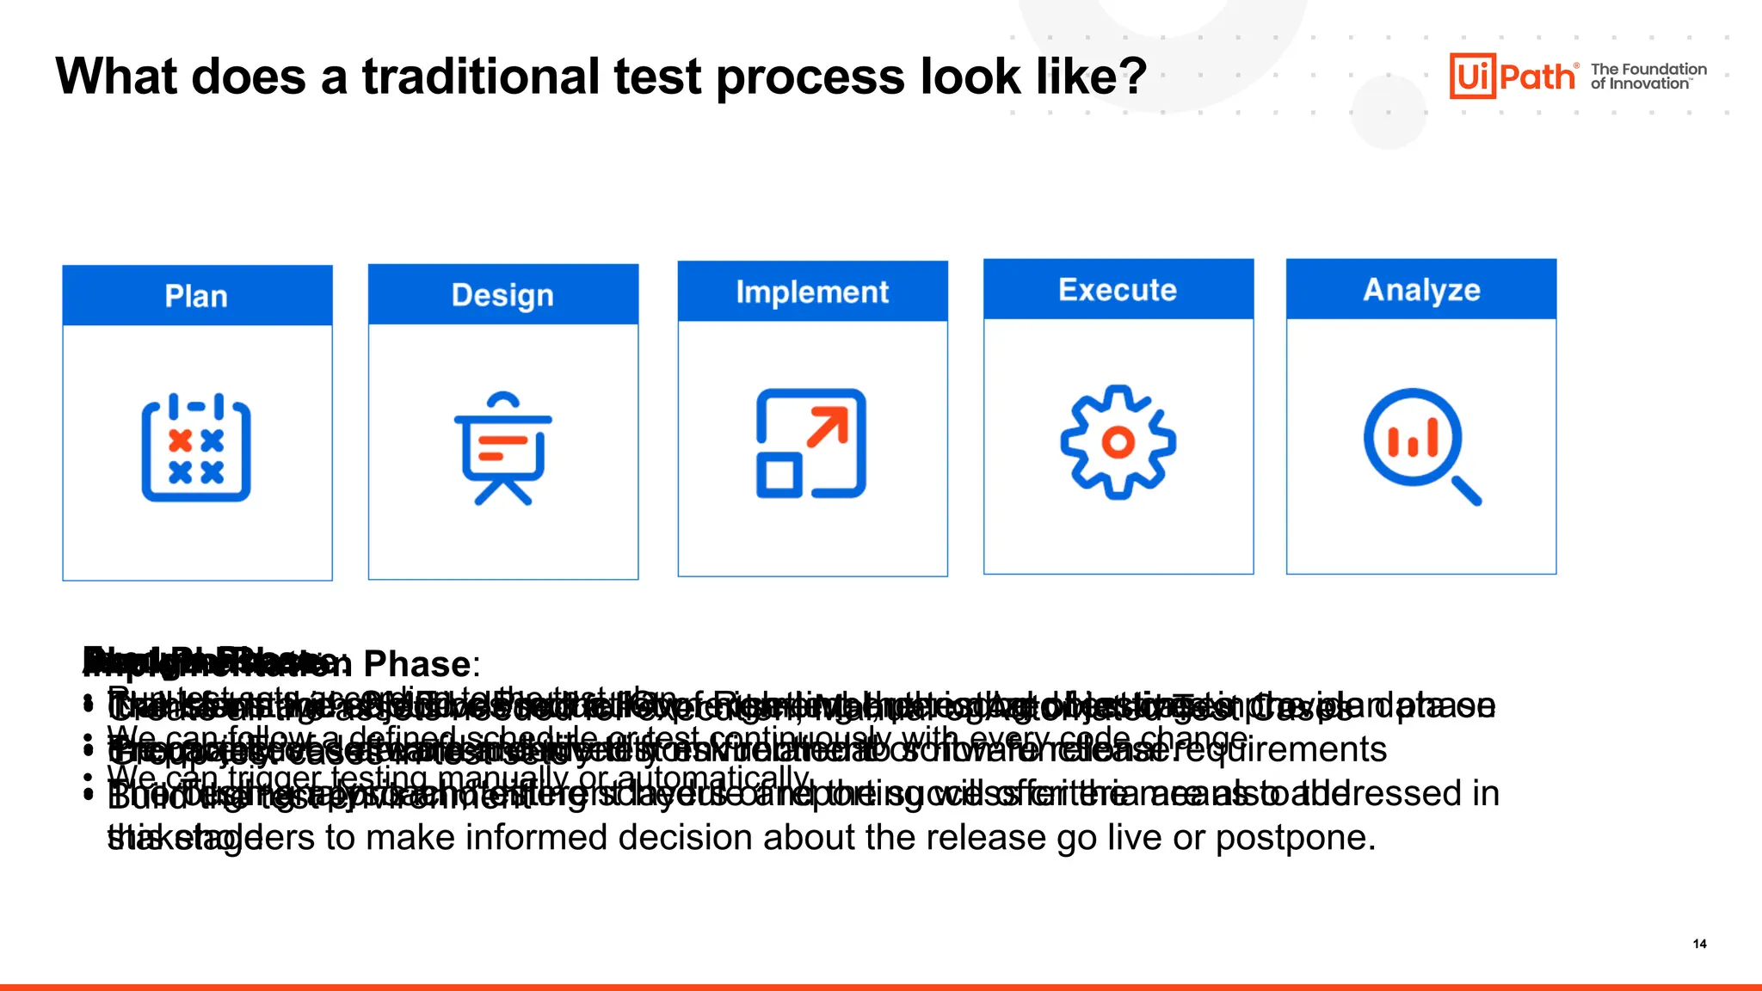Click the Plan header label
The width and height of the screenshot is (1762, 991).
[196, 297]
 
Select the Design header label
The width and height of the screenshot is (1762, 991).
[502, 295]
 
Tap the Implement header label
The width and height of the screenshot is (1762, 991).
[812, 292]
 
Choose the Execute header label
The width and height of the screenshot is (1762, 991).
[1118, 290]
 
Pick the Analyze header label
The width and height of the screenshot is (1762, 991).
[1421, 290]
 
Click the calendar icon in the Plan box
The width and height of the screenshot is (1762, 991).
[196, 448]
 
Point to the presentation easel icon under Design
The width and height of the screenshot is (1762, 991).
[502, 448]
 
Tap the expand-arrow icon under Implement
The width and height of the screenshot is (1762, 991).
[811, 444]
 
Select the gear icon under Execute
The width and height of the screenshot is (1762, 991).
[1118, 442]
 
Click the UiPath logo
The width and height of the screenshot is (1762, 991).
[1512, 77]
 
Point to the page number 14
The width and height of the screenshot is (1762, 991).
[1699, 944]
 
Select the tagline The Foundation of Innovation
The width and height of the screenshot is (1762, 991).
[1648, 77]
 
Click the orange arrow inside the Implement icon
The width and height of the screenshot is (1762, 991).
[829, 427]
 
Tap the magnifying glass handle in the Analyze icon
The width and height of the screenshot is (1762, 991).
[1466, 490]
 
